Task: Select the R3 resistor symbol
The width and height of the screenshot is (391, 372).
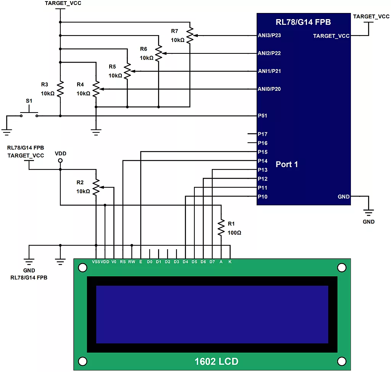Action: click(60, 89)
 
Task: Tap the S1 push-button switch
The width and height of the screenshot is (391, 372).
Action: click(29, 113)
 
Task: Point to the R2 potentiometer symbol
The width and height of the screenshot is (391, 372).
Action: click(96, 187)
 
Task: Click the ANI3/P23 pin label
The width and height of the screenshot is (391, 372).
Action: click(269, 35)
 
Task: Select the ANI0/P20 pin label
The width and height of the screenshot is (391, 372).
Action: click(269, 89)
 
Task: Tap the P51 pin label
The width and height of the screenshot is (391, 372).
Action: click(262, 116)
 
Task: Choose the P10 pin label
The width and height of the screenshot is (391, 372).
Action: click(262, 197)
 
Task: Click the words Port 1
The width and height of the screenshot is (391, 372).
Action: click(287, 164)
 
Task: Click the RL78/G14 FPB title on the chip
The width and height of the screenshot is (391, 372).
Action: click(303, 22)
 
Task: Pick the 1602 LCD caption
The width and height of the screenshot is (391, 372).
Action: click(216, 361)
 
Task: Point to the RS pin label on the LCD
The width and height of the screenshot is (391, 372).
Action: click(123, 262)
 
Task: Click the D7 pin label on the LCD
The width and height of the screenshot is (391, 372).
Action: click(212, 262)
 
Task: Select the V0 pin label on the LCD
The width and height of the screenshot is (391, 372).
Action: click(114, 262)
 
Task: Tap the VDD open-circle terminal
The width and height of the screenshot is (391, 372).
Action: click(60, 161)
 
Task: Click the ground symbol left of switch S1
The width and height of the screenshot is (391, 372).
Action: click(6, 132)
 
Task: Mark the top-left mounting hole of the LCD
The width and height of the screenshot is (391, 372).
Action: click(82, 268)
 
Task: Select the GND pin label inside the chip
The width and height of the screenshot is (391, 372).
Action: click(344, 197)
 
